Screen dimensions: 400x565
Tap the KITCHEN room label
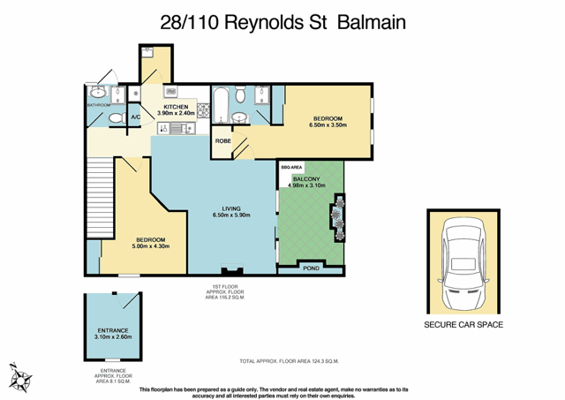click(176, 107)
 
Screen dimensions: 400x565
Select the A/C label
click(136, 117)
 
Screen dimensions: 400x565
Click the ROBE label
click(224, 139)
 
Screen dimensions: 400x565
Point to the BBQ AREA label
click(290, 166)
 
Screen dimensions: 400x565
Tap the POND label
click(311, 268)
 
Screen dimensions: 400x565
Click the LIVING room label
click(232, 208)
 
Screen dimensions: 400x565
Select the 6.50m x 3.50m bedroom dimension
click(328, 125)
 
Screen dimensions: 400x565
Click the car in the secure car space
click(463, 261)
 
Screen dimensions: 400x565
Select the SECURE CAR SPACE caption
click(463, 325)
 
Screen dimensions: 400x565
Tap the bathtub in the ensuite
click(220, 103)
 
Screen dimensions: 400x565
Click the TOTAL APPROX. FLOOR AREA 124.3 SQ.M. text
click(290, 361)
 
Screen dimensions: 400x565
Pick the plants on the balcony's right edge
click(336, 216)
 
